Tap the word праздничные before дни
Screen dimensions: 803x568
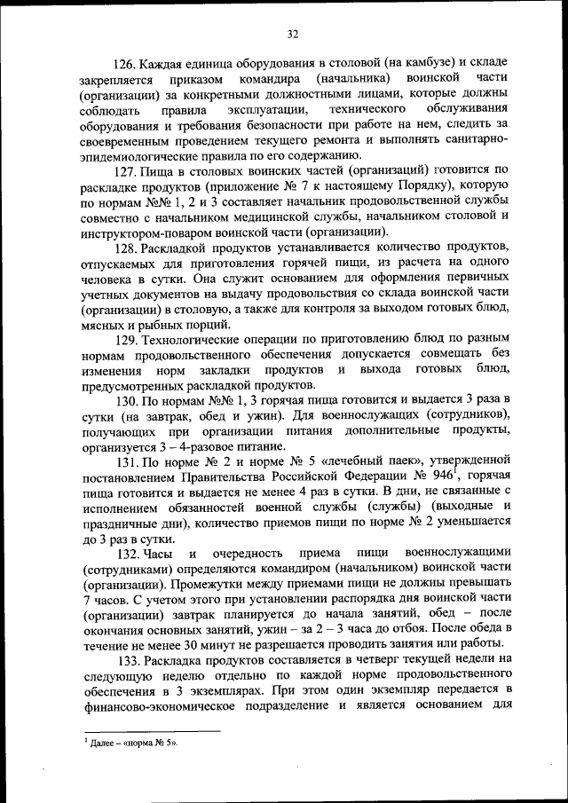pyautogui.click(x=120, y=524)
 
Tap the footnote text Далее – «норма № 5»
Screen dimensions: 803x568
pyautogui.click(x=133, y=744)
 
